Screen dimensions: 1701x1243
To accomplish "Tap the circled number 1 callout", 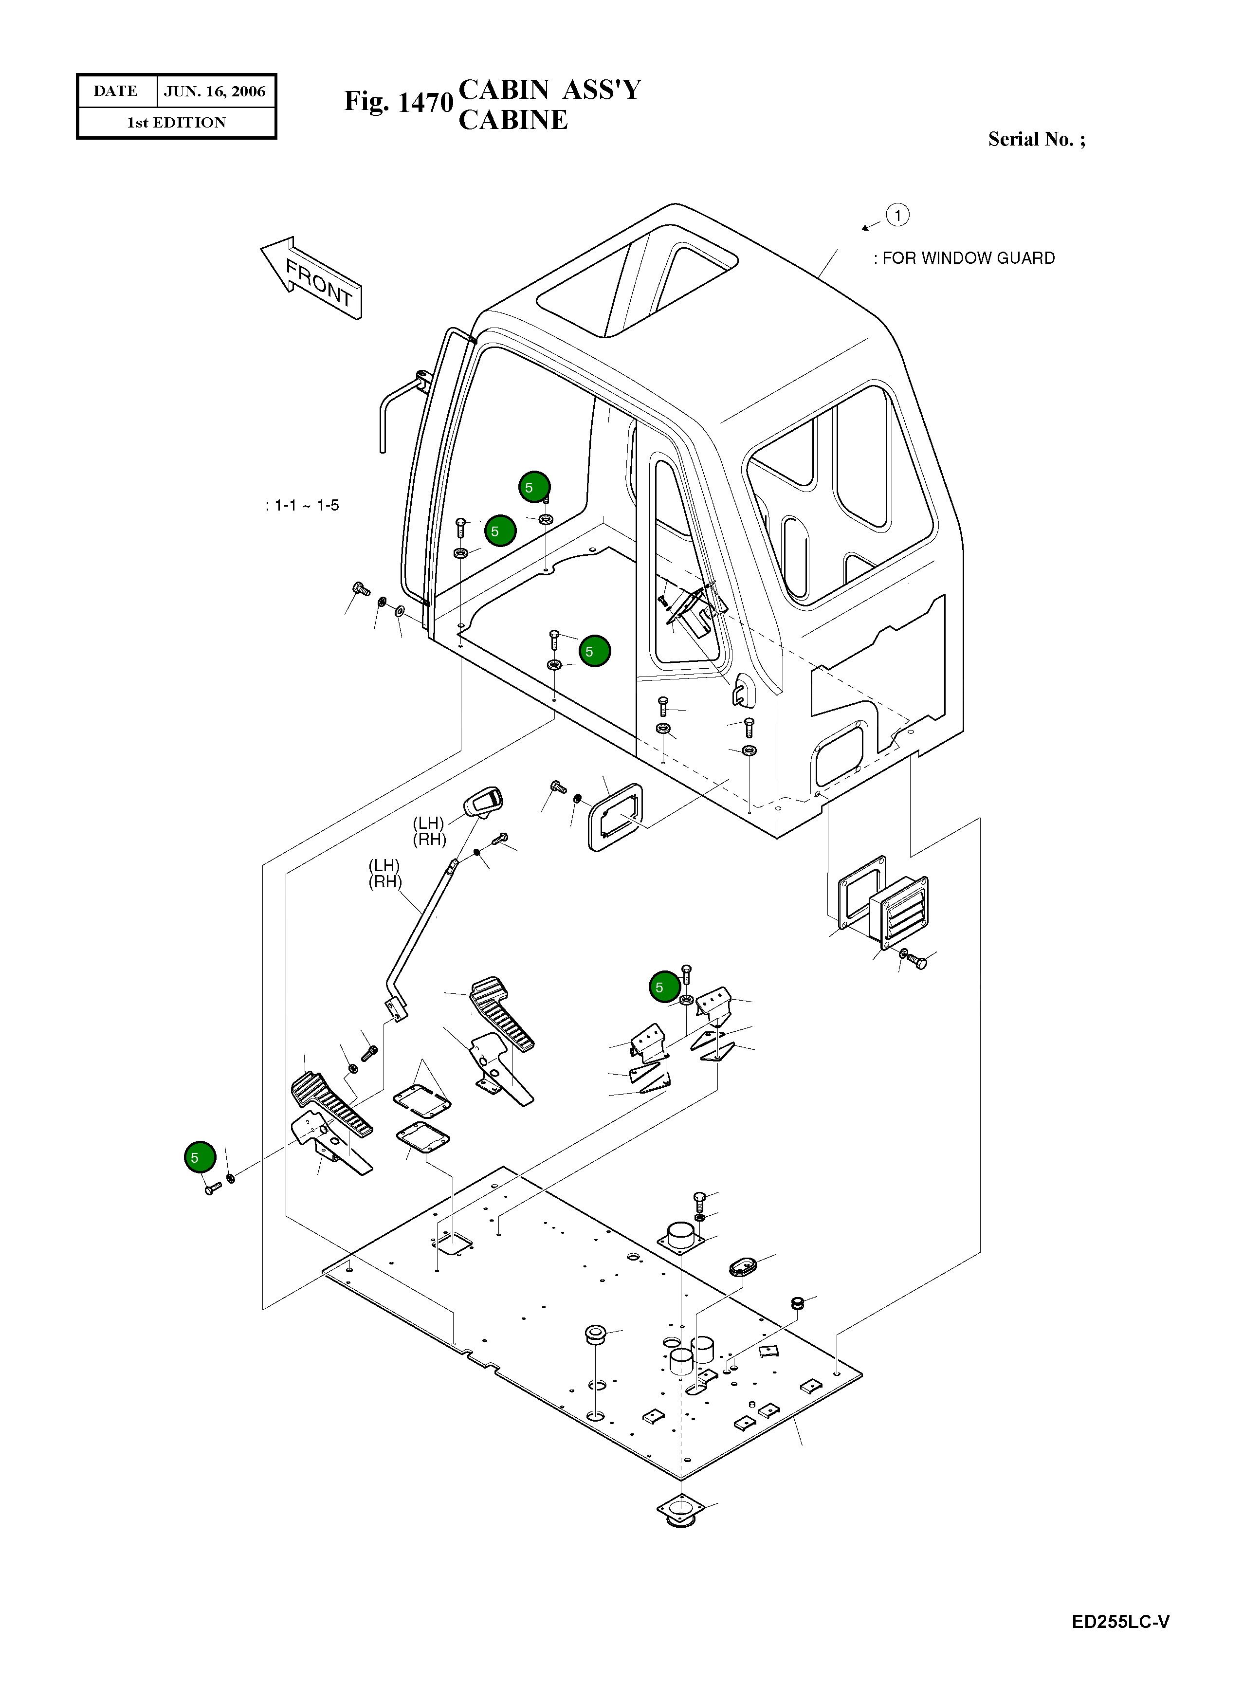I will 897,215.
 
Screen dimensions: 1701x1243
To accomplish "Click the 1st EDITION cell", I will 176,123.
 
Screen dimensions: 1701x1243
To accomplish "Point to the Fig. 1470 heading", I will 398,102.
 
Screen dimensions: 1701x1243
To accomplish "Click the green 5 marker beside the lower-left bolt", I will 200,1157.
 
